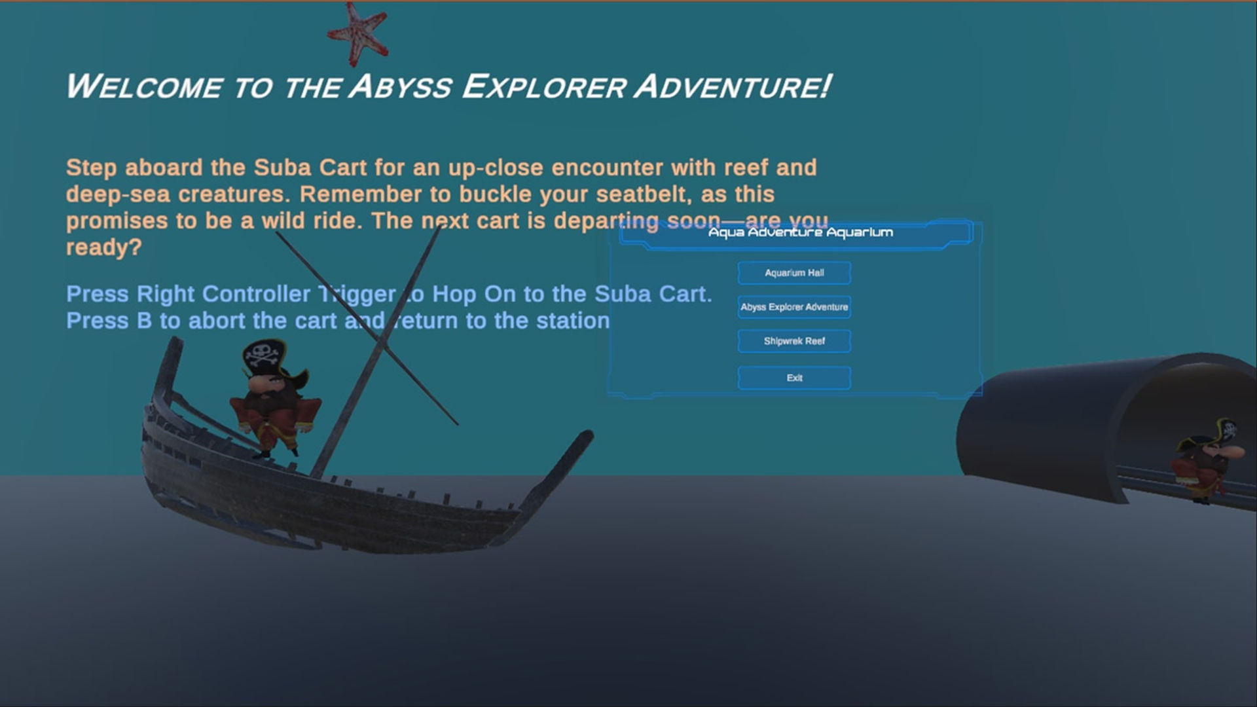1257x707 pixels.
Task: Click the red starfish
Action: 357,33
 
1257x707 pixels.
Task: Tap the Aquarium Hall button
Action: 794,273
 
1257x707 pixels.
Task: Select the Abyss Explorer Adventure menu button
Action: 794,307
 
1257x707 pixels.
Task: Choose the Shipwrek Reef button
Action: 794,341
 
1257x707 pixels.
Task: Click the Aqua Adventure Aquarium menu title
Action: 800,232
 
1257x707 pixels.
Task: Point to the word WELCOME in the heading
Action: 145,87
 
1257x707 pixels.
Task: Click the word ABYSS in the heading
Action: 400,87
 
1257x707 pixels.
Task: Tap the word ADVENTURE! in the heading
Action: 733,87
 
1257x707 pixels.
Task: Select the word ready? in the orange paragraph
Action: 103,248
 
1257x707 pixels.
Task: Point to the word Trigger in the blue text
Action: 357,295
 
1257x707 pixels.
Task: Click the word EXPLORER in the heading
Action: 543,87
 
